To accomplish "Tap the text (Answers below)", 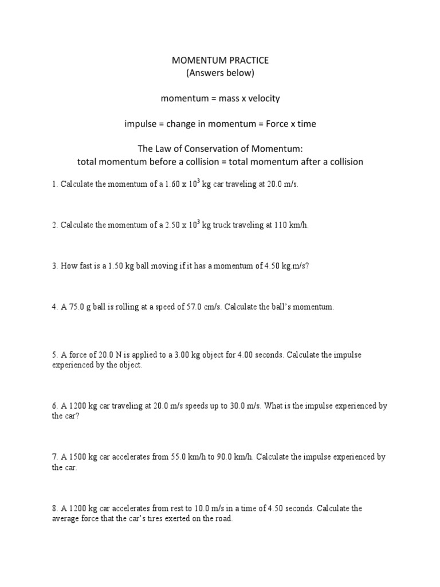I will [x=220, y=73].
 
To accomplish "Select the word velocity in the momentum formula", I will [x=261, y=99].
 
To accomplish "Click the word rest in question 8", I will [x=180, y=508].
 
